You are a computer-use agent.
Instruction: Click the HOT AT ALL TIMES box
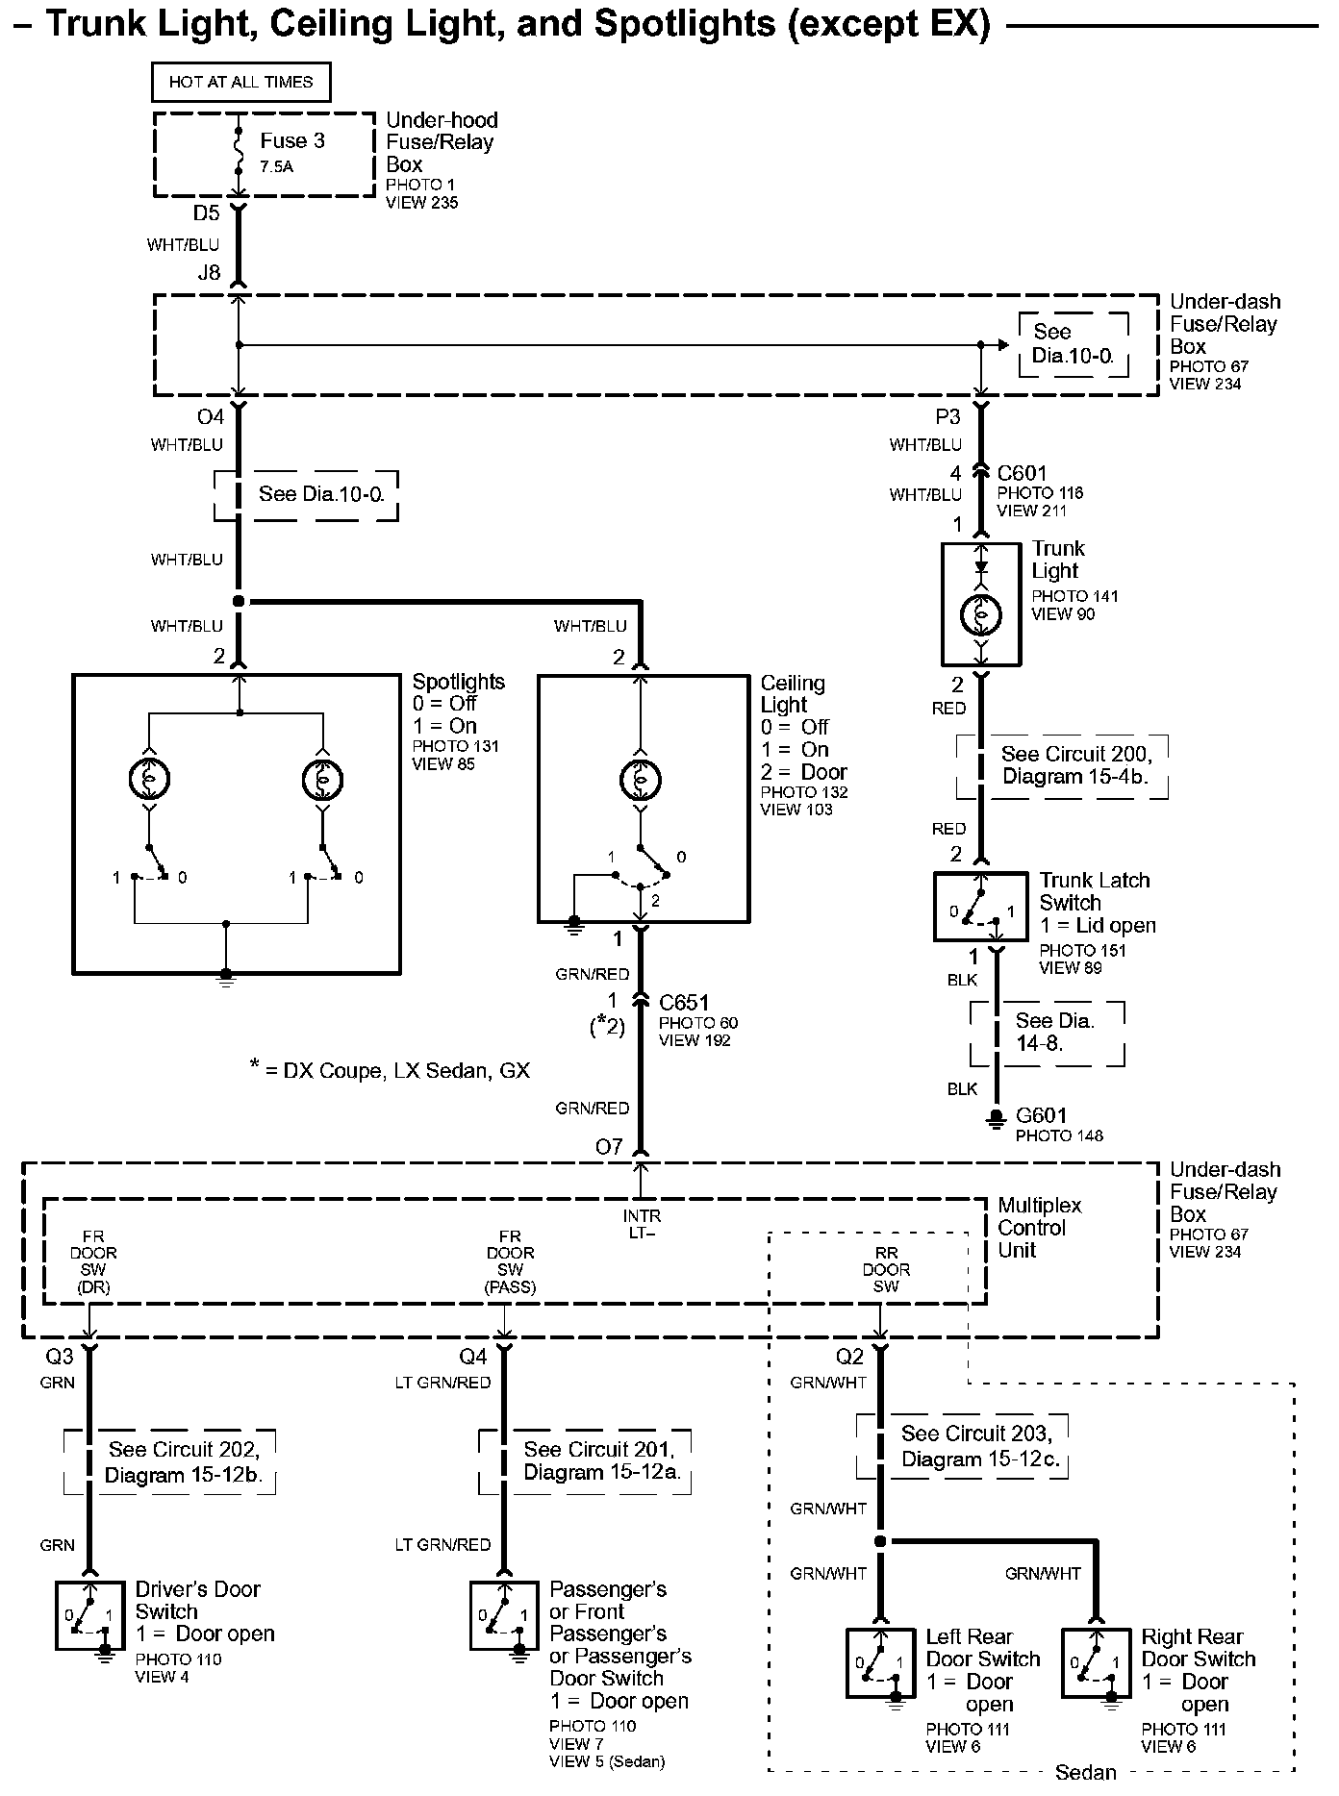[240, 83]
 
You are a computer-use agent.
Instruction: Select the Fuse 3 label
[291, 141]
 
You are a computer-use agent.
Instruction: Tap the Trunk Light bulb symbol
[980, 613]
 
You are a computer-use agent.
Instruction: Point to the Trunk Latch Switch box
[980, 907]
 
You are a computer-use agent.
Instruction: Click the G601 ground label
[1041, 1115]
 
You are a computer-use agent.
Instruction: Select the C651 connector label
[684, 1002]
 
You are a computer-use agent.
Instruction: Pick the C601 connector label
[1022, 473]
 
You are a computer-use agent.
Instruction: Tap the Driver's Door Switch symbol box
[89, 1615]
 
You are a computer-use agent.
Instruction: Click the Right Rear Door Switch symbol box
[1096, 1662]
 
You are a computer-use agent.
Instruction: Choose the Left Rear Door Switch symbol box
[880, 1662]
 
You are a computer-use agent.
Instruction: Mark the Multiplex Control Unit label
[1039, 1228]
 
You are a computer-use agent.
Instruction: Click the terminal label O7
[609, 1147]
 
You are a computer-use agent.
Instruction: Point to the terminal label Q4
[472, 1357]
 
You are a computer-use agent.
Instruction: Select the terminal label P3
[947, 417]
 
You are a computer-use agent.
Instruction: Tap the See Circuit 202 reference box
[170, 1462]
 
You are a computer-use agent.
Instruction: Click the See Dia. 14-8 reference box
[1047, 1033]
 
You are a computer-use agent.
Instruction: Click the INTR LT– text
[642, 1224]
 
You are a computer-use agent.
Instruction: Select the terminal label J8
[209, 273]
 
